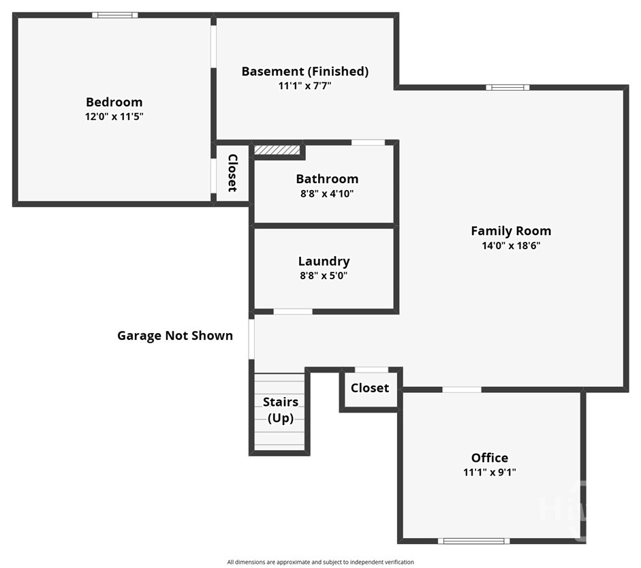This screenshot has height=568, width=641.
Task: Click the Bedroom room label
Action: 114,101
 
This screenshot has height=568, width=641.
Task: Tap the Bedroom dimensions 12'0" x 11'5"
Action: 114,116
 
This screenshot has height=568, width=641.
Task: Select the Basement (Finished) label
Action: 305,71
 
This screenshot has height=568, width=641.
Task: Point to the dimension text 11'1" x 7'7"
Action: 305,86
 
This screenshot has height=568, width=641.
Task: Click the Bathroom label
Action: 327,178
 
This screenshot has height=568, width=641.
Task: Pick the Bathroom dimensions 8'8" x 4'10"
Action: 327,193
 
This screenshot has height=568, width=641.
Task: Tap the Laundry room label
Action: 324,261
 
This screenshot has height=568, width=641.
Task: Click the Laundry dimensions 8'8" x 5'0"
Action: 324,275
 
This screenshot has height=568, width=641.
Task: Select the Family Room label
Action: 511,231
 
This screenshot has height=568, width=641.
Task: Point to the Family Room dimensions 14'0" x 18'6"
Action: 511,246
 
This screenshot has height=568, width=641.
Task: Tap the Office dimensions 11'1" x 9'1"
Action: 490,472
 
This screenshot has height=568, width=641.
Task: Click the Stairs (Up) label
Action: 281,410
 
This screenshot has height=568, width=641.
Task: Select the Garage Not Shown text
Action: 175,336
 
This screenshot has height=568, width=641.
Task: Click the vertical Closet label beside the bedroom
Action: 232,173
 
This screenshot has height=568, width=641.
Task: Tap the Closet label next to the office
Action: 370,388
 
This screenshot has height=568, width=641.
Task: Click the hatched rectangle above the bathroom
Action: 277,150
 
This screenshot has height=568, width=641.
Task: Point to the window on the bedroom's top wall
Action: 115,15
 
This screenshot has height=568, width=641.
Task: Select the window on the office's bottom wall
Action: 474,541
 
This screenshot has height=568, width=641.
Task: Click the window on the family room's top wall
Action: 507,87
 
